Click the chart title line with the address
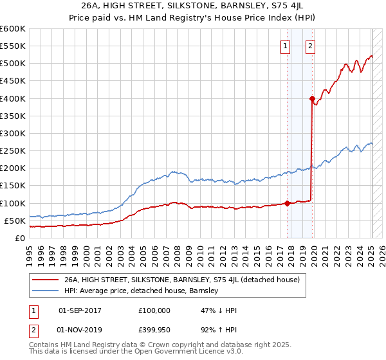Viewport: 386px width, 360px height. [x=193, y=6]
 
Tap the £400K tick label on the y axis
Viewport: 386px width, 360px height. [x=12, y=98]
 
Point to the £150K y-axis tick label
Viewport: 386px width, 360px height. [x=12, y=186]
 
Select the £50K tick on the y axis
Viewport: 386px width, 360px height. [x=15, y=221]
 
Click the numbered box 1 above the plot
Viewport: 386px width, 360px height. [x=285, y=46]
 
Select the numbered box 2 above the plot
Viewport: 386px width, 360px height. [x=310, y=46]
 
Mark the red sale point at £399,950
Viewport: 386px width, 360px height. [x=312, y=99]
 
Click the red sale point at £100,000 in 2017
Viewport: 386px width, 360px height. [x=287, y=203]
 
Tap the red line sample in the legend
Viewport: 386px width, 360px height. [x=46, y=280]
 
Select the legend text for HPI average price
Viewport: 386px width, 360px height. [x=142, y=291]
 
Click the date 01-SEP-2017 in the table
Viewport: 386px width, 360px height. [x=80, y=310]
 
